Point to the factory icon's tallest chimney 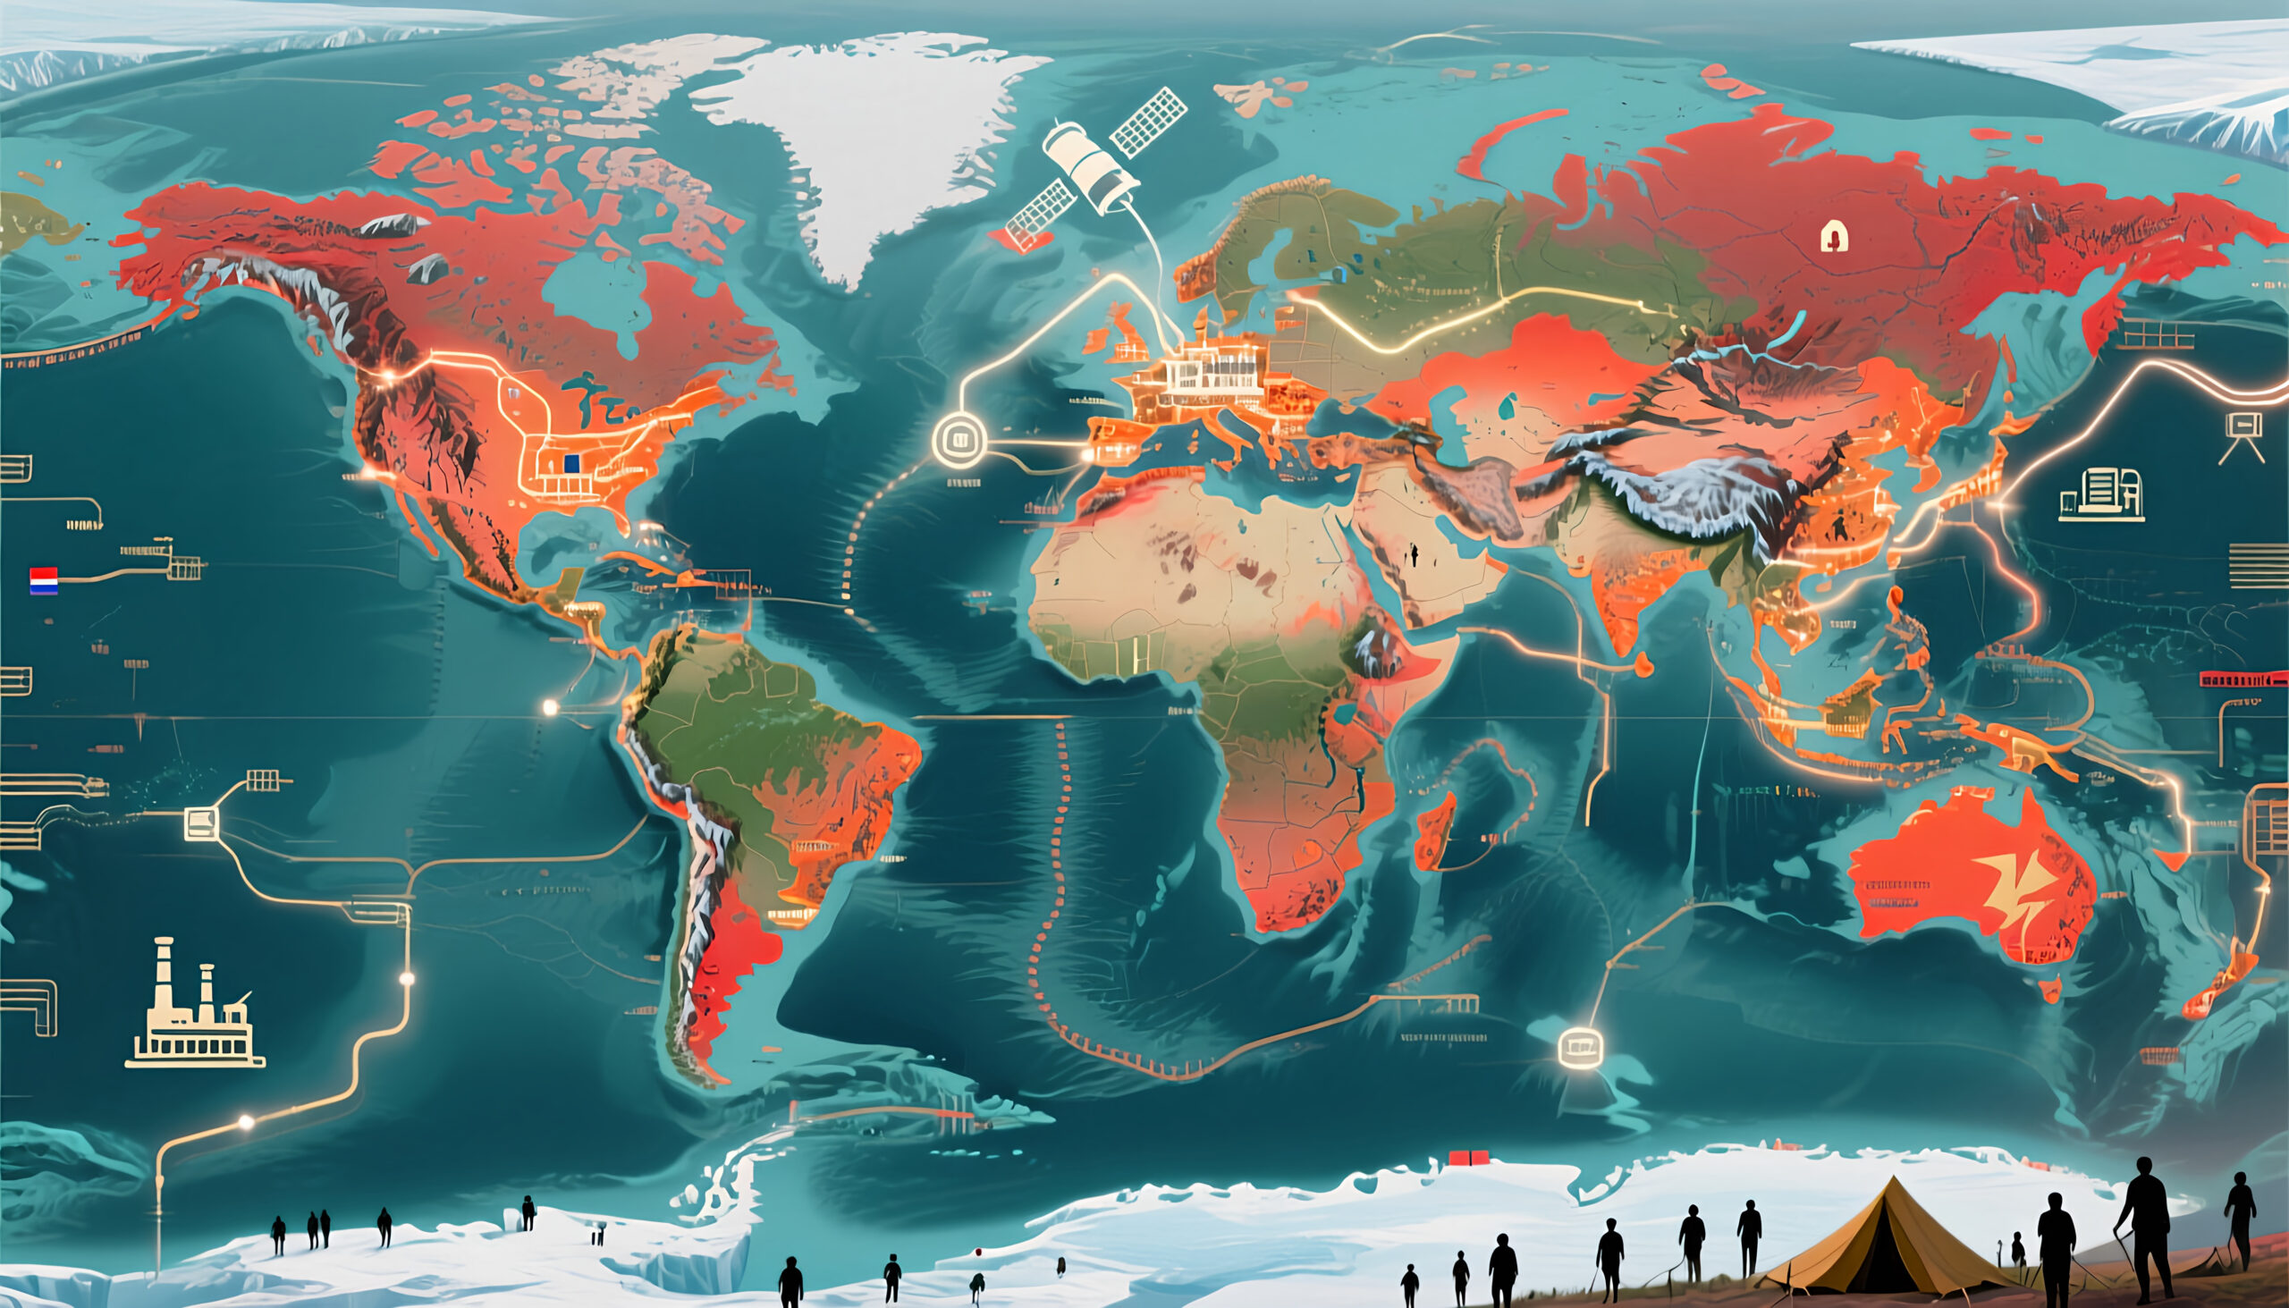pos(164,975)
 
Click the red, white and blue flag pos(44,581)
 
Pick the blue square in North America pos(570,463)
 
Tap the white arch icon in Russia pos(1834,238)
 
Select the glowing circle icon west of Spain pos(959,440)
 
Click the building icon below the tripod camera pos(2102,494)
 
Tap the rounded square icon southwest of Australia pos(1580,1046)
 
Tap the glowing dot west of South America pos(551,708)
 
